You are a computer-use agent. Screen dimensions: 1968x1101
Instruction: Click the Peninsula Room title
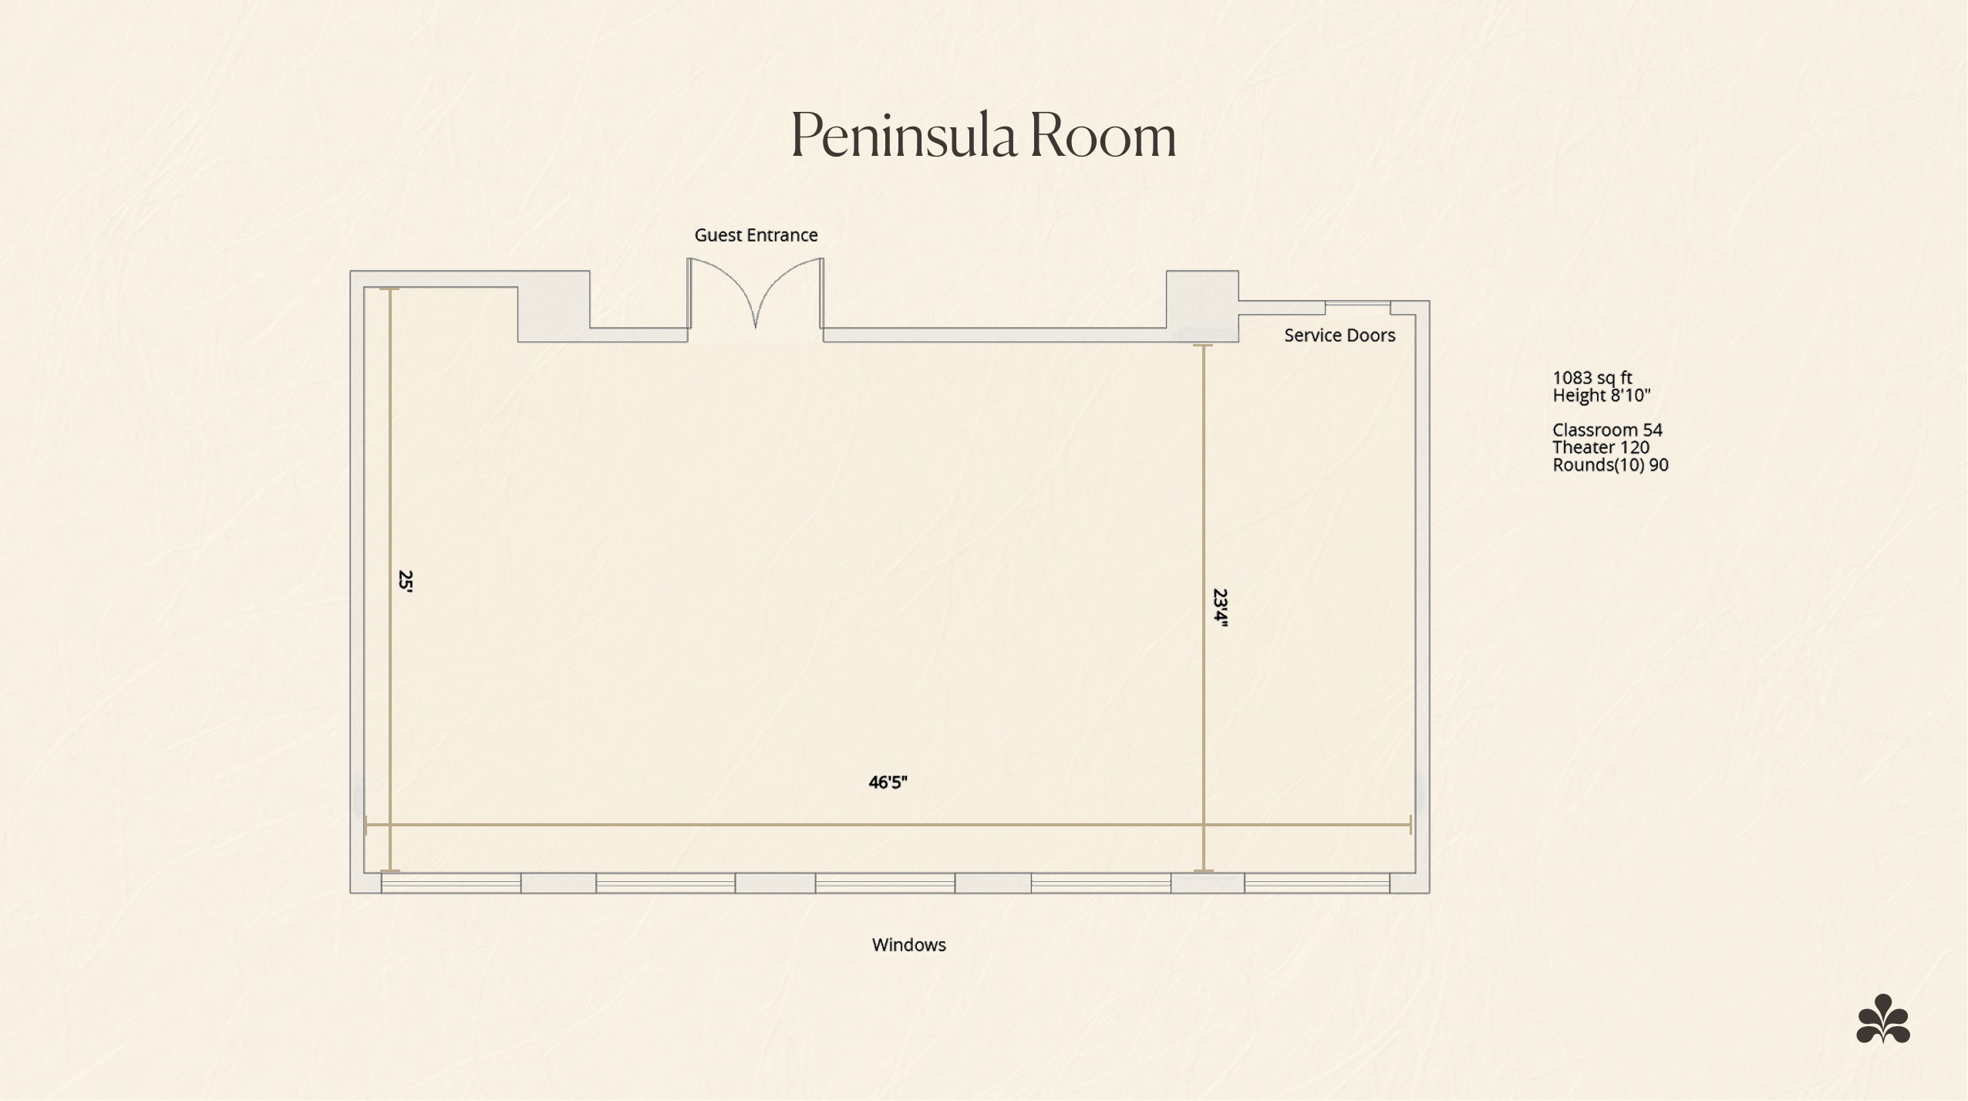pos(983,135)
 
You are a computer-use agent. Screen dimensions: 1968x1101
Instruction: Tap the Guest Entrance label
pos(756,235)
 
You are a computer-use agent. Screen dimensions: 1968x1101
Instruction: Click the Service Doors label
pos(1340,335)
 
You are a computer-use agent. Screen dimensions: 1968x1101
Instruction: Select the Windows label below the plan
pos(908,944)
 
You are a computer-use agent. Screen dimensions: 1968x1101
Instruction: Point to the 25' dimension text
pos(405,580)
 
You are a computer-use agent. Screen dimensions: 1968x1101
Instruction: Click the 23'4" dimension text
pos(1220,609)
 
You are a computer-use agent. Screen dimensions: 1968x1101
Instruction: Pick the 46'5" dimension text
pos(888,782)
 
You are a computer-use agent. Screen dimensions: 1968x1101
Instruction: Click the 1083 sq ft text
pos(1592,377)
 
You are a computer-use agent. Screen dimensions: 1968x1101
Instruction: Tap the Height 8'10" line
pos(1601,395)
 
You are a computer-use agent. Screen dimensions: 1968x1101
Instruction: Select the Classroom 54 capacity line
pos(1607,430)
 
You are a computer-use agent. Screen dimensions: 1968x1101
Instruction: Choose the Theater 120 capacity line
pos(1601,447)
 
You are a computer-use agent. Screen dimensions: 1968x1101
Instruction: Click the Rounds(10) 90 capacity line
pos(1610,464)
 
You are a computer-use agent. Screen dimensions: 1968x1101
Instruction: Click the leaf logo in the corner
pos(1883,1018)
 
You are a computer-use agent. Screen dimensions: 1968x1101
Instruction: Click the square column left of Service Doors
pos(1202,306)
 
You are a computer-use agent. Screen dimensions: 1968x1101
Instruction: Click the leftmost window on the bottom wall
pos(451,883)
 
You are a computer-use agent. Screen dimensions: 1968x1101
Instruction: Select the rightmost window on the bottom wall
pos(1317,883)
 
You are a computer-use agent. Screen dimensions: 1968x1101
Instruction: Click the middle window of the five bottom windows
pos(885,883)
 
